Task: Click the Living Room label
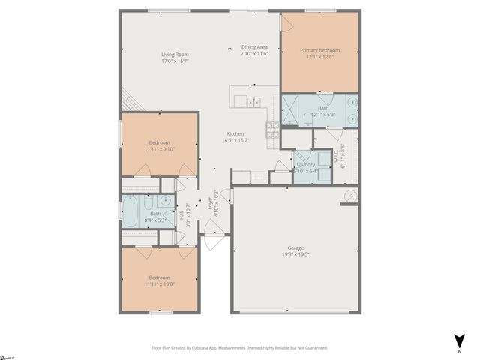[x=174, y=55]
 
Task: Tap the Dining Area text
[x=255, y=46]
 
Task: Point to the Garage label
[x=296, y=247]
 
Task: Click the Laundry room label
[x=305, y=164]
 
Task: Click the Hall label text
[x=181, y=215]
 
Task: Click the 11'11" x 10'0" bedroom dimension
[x=159, y=284]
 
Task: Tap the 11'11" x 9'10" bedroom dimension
[x=159, y=149]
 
